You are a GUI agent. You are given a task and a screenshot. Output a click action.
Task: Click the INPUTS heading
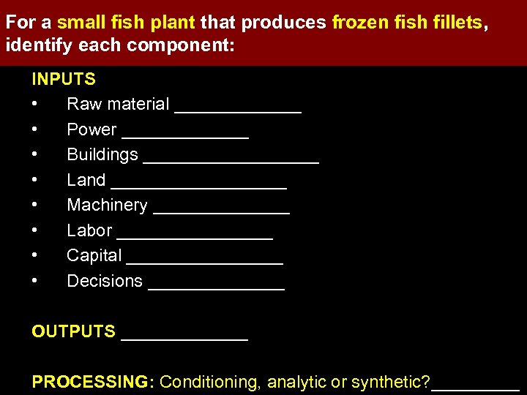(64, 79)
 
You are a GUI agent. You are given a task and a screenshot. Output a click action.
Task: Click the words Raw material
(118, 105)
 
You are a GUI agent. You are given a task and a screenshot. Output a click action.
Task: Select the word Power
(91, 129)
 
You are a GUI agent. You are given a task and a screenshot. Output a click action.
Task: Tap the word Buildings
(102, 155)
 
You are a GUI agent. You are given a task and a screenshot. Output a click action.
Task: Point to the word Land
(86, 180)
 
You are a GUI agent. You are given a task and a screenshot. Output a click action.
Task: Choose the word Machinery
(107, 206)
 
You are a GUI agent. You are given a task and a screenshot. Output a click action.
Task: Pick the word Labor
(89, 230)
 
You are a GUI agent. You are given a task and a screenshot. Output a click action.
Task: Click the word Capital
(94, 256)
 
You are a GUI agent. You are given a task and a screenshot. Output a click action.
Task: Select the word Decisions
(105, 281)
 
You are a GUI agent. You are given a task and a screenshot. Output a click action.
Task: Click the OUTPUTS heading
(74, 332)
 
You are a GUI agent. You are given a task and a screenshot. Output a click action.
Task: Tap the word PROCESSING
(90, 382)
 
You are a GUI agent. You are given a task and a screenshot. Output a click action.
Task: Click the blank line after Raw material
(238, 110)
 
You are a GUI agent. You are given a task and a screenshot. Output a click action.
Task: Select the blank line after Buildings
(231, 161)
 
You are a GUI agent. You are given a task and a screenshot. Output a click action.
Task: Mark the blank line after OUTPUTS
(184, 338)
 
